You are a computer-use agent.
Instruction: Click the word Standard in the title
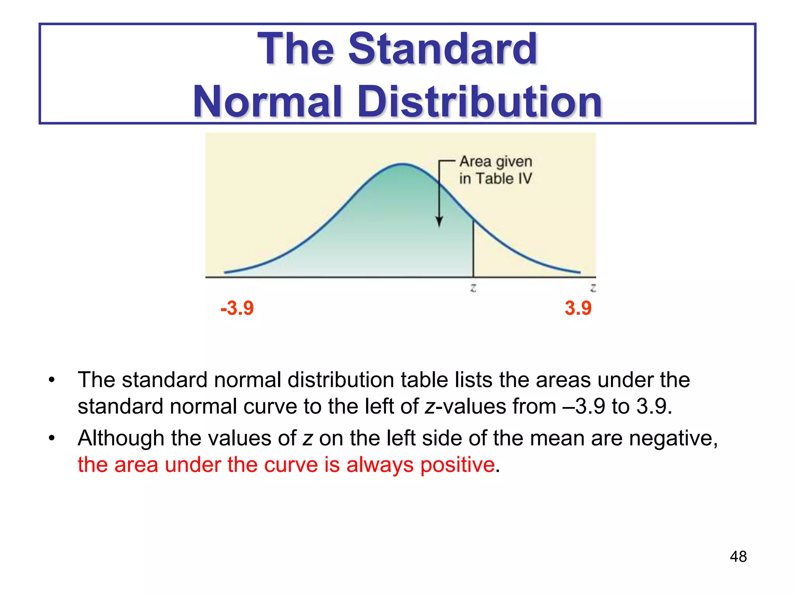click(443, 49)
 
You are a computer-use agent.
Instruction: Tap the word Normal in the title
click(268, 102)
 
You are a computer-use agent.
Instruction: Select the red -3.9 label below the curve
click(237, 308)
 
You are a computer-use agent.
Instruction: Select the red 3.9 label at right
click(578, 308)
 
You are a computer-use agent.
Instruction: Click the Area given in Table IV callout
click(495, 170)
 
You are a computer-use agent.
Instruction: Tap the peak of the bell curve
click(403, 165)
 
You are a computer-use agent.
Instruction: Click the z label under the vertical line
click(473, 288)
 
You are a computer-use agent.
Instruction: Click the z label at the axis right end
click(593, 288)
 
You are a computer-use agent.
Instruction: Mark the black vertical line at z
click(473, 248)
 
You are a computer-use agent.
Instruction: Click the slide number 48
click(738, 556)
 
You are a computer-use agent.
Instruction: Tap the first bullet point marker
click(52, 380)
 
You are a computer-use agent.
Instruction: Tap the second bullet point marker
click(52, 438)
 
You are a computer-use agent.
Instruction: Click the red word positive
click(457, 464)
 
